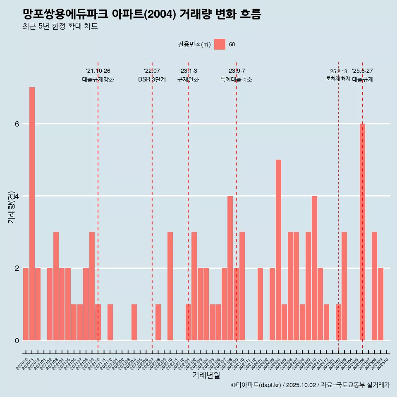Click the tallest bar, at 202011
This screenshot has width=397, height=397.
32,213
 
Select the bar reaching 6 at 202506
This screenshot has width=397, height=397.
362,232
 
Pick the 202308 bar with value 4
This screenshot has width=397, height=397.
230,268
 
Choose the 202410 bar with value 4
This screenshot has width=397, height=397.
314,268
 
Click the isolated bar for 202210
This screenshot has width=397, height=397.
170,286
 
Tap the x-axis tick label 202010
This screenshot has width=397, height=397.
22,364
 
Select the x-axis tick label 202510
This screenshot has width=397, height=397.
383,364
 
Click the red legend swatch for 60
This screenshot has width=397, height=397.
220,44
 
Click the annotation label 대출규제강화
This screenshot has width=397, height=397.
98,79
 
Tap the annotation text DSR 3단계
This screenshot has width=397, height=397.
152,79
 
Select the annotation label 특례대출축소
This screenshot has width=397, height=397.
236,79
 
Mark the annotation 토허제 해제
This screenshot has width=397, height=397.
338,79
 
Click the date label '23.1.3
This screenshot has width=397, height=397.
188,71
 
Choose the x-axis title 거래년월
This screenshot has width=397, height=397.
206,375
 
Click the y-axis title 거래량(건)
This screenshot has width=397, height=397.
11,207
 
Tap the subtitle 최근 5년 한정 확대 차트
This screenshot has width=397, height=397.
60,26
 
